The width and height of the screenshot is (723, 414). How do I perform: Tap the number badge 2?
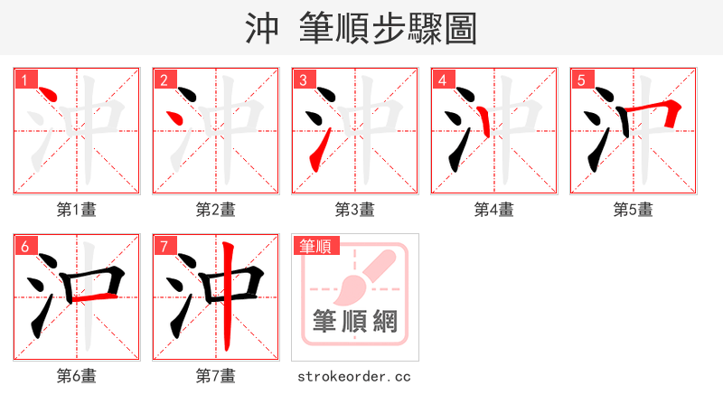[164, 80]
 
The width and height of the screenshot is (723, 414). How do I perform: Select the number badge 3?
[304, 80]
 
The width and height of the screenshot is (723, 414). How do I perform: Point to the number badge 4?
[443, 80]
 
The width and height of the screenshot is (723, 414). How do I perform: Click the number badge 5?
[582, 80]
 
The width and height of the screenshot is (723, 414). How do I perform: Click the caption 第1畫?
[76, 210]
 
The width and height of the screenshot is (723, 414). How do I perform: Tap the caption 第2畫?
[215, 210]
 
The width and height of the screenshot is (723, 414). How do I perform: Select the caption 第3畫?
[354, 210]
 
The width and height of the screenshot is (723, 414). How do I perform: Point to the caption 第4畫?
[493, 210]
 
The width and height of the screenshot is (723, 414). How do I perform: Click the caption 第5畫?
[633, 210]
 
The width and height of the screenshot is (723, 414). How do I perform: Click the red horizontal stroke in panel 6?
[94, 296]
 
